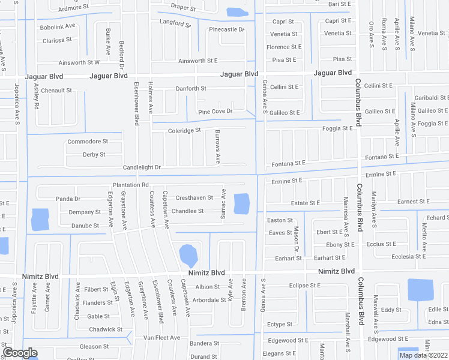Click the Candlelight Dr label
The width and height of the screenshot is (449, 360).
coord(142,167)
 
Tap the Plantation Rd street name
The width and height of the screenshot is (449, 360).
coord(130,185)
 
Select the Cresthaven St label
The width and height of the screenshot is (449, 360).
coord(194,198)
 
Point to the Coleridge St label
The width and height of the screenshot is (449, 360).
coord(184,130)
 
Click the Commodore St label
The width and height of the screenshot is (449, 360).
coord(88,142)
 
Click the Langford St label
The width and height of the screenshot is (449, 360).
coord(175,24)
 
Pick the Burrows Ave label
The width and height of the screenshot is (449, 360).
coord(218,147)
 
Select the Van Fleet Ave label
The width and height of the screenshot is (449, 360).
coord(161,338)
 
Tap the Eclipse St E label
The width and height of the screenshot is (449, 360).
coord(304,286)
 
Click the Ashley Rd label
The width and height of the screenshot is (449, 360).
coord(37,95)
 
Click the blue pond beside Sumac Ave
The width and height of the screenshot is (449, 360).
coord(241,204)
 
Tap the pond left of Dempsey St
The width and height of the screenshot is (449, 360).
coord(40,220)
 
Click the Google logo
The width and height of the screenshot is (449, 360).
coord(20,353)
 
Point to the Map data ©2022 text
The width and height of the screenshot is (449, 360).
coord(423,355)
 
